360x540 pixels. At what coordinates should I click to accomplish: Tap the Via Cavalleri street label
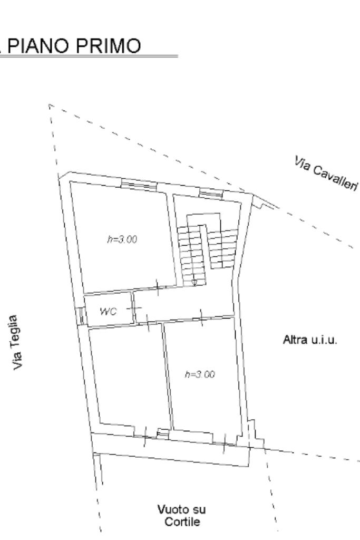point(326,173)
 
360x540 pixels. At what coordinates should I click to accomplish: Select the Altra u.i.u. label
point(310,340)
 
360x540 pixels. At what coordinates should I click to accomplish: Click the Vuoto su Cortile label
point(182,515)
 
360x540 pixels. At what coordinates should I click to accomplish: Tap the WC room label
point(108,312)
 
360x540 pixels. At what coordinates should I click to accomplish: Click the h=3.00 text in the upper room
point(122,239)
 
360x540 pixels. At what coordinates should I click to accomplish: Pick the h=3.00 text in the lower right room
point(200,374)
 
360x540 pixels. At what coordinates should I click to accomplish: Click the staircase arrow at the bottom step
point(194,283)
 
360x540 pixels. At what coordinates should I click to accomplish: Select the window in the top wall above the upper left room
point(139,185)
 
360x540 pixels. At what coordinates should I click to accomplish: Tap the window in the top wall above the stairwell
point(211,194)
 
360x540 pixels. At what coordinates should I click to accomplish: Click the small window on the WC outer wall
point(82,316)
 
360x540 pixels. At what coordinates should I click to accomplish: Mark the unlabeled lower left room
point(130,377)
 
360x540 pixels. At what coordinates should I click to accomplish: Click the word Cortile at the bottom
point(182,522)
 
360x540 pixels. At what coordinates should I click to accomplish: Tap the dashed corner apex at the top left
point(49,104)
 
